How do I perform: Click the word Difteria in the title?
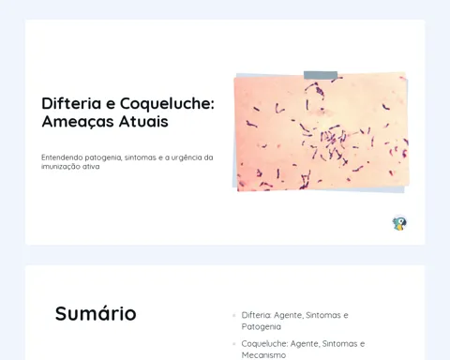tap(71, 103)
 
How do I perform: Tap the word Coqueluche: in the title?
tap(167, 104)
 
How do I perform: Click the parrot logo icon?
tap(399, 223)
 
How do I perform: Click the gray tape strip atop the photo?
tap(321, 75)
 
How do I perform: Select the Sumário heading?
tap(96, 313)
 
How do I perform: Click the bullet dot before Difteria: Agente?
tap(234, 315)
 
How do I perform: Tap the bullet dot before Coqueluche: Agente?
tap(234, 344)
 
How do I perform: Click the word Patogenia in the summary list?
tap(262, 327)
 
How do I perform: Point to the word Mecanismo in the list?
tap(263, 355)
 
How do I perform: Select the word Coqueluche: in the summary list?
tap(264, 344)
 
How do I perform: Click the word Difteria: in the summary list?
tap(256, 315)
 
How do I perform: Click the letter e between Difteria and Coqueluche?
tap(111, 104)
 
